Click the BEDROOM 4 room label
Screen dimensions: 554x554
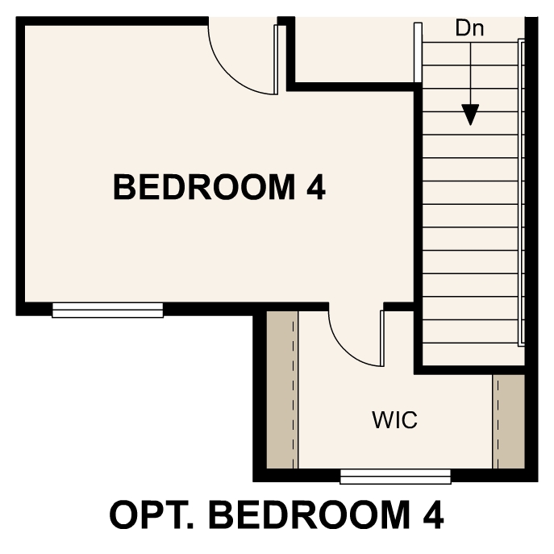point(219,187)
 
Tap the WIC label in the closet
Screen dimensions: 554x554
point(395,420)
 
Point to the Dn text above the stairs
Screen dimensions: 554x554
point(469,28)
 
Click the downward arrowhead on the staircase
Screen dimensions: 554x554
point(471,115)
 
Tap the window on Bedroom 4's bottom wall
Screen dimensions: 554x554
point(107,310)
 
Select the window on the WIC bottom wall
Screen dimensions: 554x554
point(394,477)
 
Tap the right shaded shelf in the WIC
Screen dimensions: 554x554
point(508,420)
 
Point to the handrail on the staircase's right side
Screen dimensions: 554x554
point(522,194)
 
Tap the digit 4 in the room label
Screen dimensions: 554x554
point(316,187)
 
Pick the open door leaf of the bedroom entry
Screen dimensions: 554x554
point(278,56)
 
